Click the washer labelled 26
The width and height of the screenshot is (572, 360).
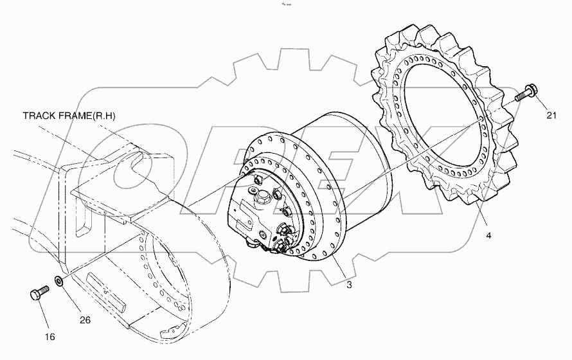[58, 281]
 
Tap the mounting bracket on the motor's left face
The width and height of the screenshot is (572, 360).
[244, 215]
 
